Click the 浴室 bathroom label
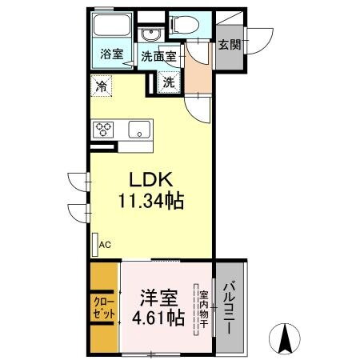coord(111,54)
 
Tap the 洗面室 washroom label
coord(158,56)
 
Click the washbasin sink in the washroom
coord(150,35)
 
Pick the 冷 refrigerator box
coord(101,83)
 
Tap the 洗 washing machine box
coord(169,81)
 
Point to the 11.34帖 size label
coord(152,202)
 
